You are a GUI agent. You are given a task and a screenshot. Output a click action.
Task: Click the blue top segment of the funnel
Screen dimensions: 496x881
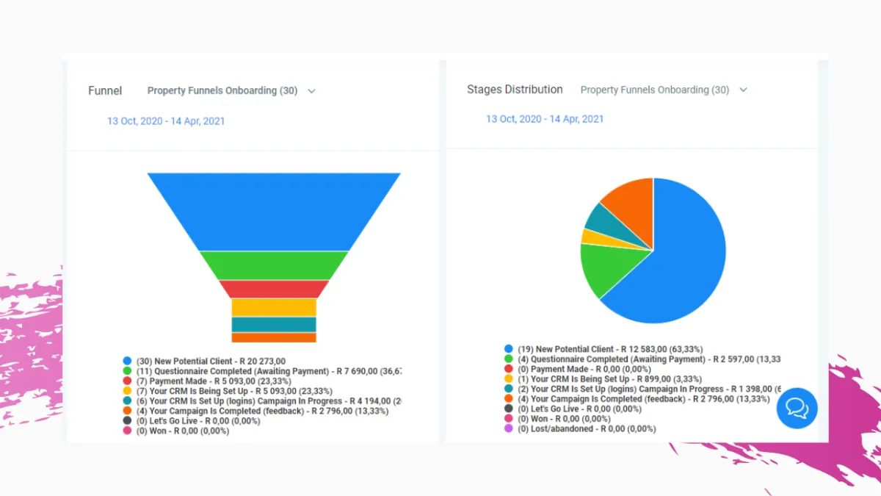tap(273, 212)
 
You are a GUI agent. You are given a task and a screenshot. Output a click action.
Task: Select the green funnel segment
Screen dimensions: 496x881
tap(273, 265)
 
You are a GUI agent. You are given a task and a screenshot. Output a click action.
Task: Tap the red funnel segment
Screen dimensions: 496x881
tap(273, 289)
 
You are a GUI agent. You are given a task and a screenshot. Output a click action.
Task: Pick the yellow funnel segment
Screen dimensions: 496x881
tap(273, 307)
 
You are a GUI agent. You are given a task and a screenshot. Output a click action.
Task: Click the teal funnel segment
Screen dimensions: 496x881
tap(273, 325)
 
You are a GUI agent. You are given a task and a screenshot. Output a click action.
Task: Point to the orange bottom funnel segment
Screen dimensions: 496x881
tap(273, 337)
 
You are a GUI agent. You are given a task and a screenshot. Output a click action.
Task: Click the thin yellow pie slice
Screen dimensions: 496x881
tap(590, 237)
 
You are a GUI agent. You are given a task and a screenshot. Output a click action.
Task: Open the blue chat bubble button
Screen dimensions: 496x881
tap(797, 408)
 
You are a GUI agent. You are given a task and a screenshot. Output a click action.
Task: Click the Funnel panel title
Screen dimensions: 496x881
tap(105, 91)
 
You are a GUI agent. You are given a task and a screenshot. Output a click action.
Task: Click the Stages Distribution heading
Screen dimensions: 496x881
tap(515, 90)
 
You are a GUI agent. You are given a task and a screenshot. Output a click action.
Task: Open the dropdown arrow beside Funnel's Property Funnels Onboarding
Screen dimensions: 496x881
tap(311, 91)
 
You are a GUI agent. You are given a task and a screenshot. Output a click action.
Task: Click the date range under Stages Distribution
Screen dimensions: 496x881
tap(545, 119)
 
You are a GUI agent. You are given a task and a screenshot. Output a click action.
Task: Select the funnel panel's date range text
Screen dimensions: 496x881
tap(166, 121)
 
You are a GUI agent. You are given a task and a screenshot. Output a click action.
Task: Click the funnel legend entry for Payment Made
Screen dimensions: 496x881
tap(213, 381)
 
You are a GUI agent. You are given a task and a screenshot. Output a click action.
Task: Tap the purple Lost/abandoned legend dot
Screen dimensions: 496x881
tap(508, 428)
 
